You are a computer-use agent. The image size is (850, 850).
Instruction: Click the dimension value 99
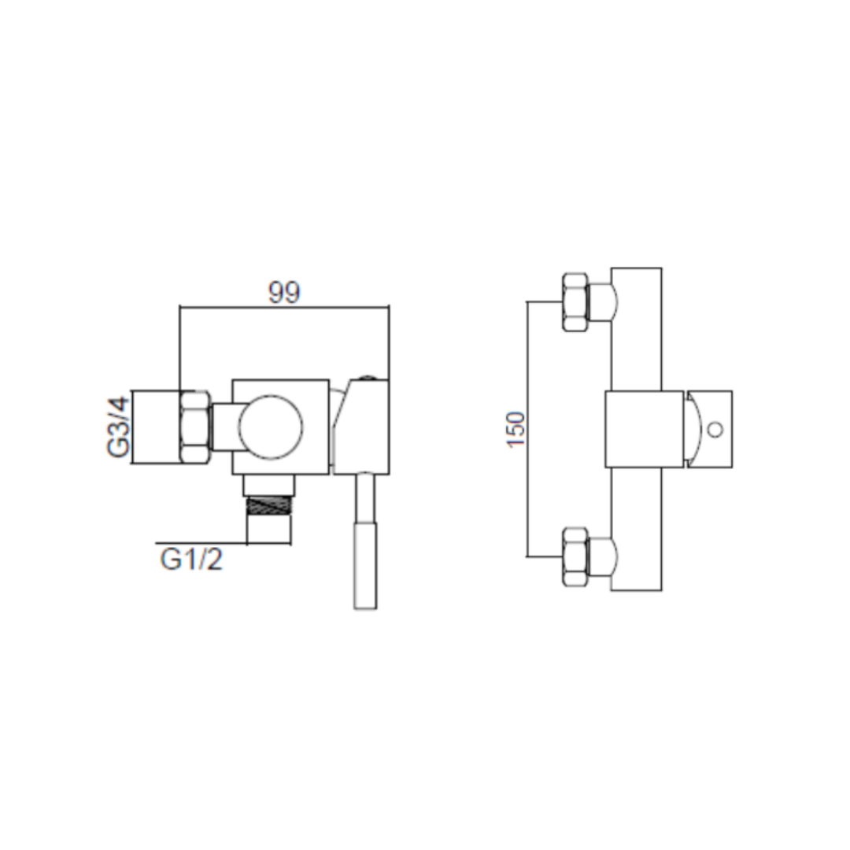click(284, 293)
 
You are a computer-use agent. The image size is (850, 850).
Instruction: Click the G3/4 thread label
click(119, 427)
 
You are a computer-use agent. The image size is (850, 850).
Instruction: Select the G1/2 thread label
click(191, 559)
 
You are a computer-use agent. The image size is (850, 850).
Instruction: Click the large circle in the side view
click(271, 427)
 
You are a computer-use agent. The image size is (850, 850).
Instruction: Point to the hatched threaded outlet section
click(269, 506)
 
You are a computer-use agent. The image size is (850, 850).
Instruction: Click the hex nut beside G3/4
click(194, 427)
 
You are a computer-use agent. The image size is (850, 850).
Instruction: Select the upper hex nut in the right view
click(575, 302)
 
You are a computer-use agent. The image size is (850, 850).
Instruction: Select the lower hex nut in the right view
click(575, 556)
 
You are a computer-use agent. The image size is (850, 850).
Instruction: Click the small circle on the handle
click(715, 430)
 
